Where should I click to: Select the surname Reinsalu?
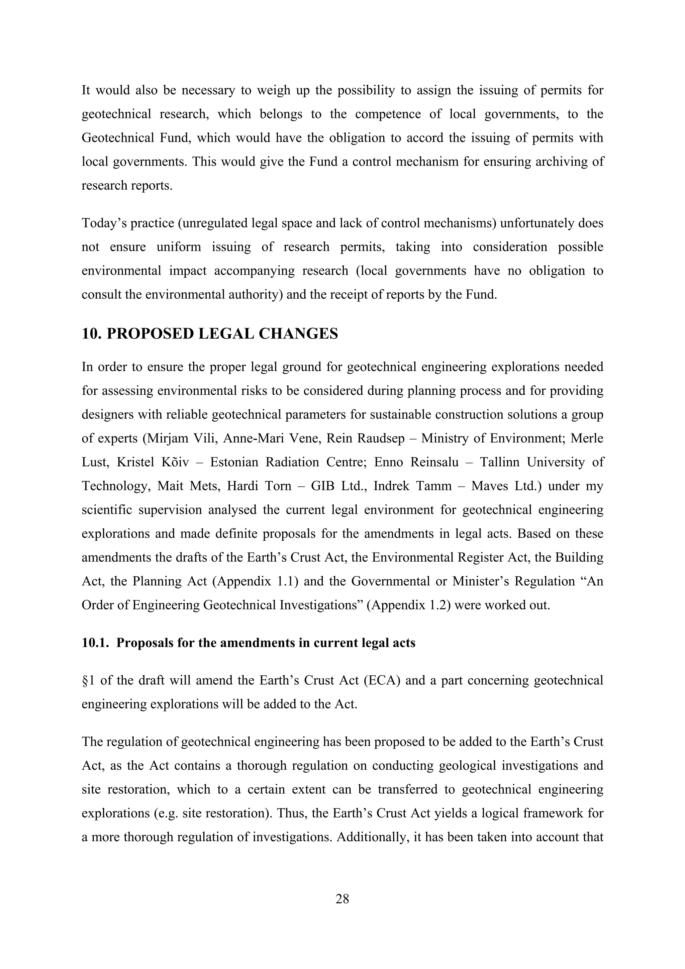434,462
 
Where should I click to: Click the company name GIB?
322,486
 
